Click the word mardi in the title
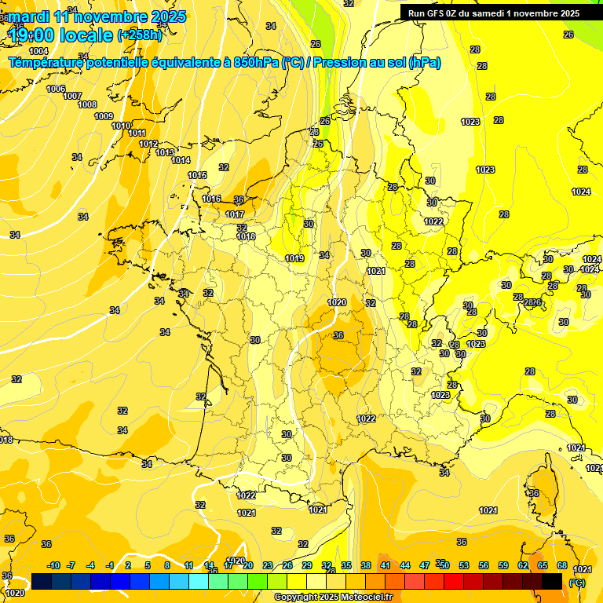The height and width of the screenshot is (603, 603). (27, 16)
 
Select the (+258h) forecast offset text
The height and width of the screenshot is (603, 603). (140, 35)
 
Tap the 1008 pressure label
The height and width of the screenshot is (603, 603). (87, 104)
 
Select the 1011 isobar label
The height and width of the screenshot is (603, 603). (137, 133)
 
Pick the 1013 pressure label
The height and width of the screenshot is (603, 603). (165, 152)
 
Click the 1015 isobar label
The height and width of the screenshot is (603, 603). (198, 175)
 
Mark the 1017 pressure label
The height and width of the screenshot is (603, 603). (235, 214)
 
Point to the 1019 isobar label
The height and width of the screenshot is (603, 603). (294, 258)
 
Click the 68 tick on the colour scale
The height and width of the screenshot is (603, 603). (562, 565)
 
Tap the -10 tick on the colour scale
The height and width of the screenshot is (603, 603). (53, 565)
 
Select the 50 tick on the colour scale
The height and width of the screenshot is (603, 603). (444, 565)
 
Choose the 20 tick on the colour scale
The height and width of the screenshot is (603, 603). (247, 565)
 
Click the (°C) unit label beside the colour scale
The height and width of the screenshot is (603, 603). (577, 582)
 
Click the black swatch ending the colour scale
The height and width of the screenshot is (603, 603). (552, 581)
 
